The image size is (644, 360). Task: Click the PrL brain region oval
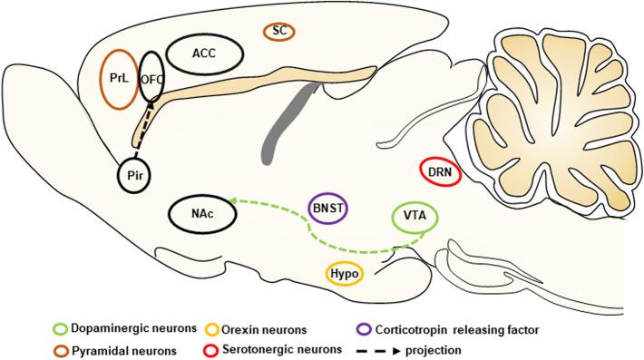tap(119, 79)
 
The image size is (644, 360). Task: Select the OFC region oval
tap(151, 79)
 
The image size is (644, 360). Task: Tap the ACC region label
tap(204, 54)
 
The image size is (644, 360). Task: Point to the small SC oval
tap(280, 31)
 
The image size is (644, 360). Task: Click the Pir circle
tap(135, 172)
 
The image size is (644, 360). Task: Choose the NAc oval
tap(198, 215)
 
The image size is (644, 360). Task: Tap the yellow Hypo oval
tap(345, 273)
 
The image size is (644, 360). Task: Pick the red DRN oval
tap(442, 171)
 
